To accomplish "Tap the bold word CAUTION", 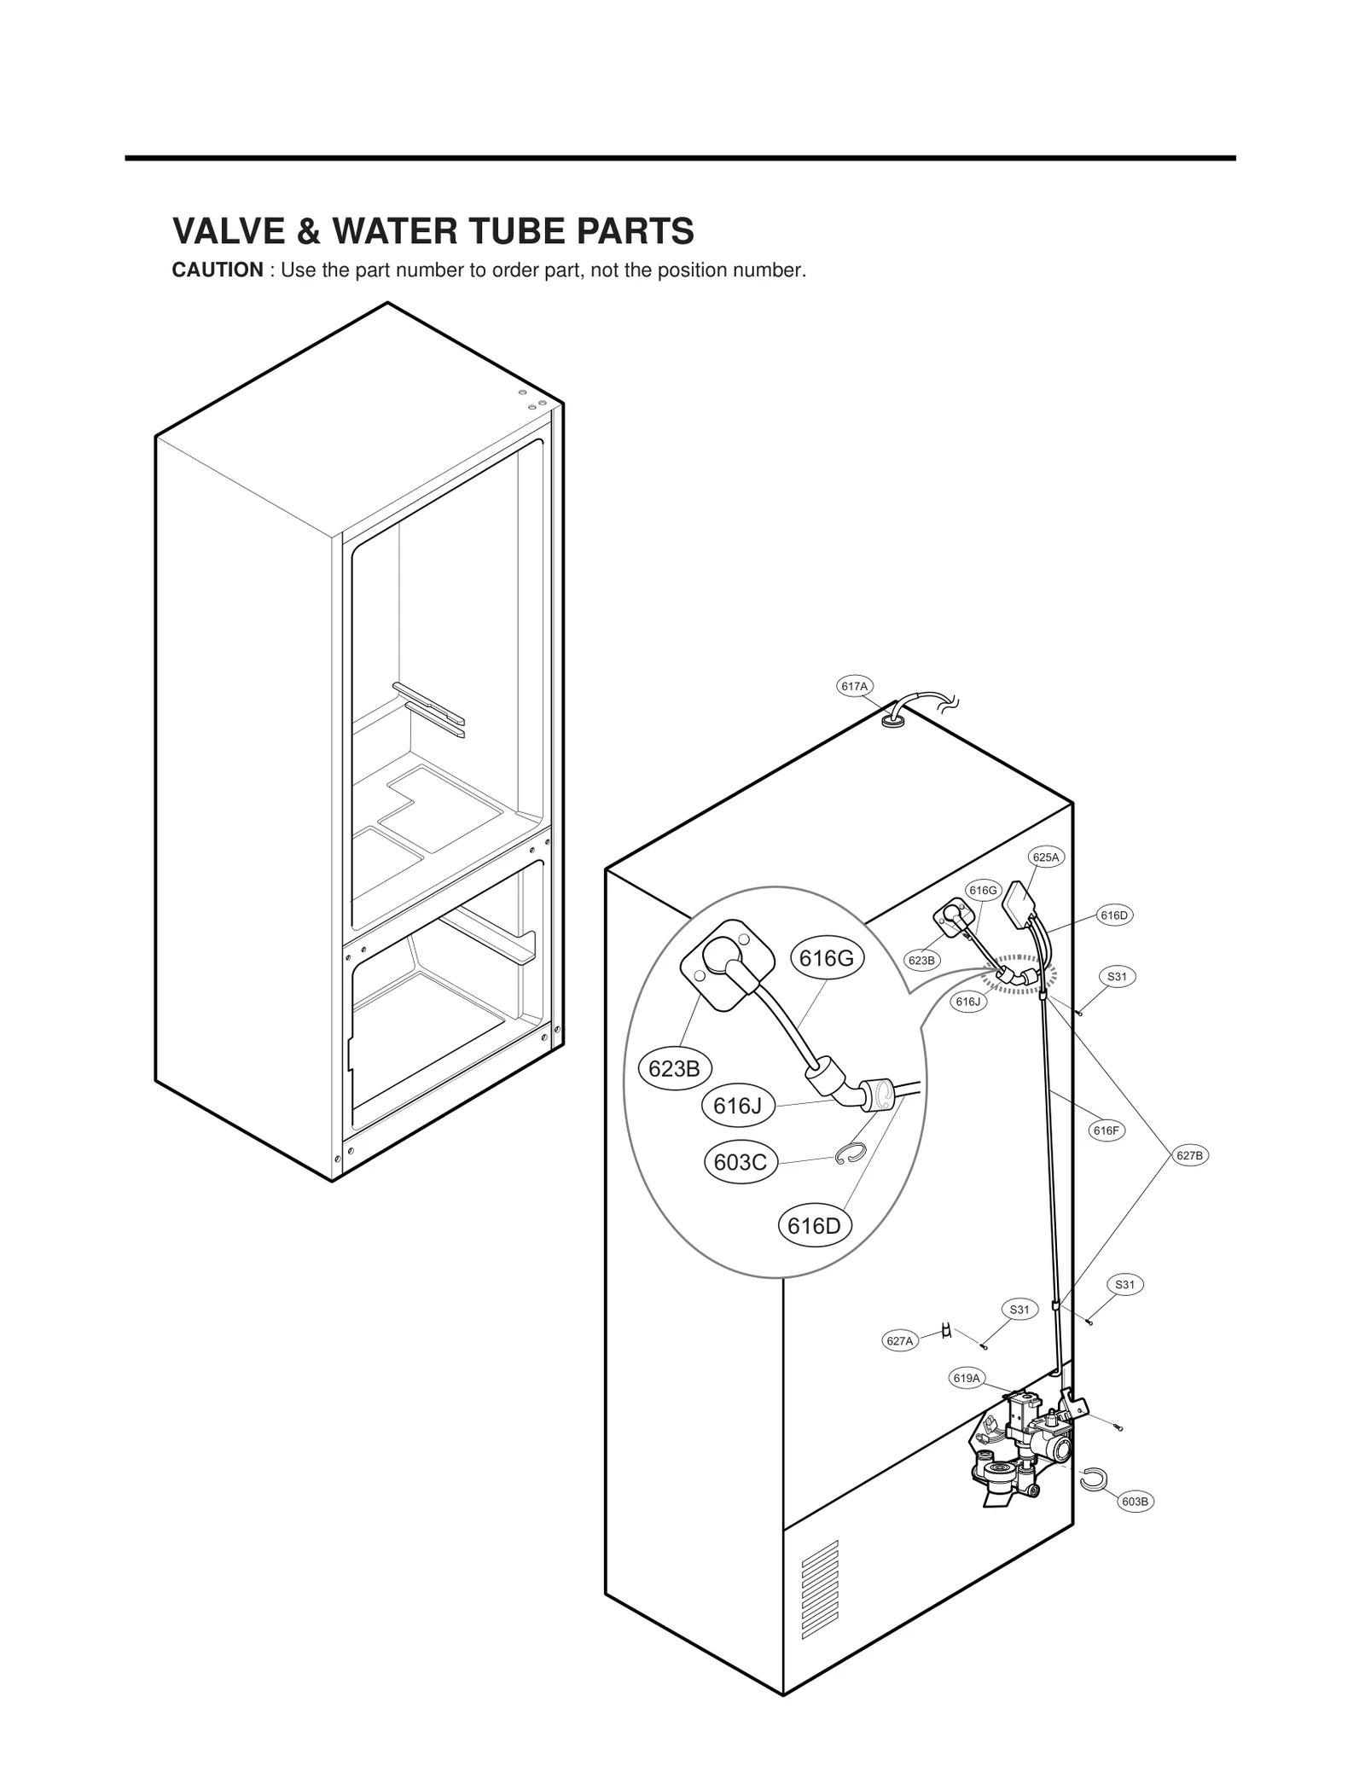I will tap(218, 270).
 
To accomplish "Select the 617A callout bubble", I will tap(853, 686).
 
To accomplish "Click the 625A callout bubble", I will tap(1046, 857).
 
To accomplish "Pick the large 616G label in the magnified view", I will tap(827, 958).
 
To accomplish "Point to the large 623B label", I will tap(674, 1068).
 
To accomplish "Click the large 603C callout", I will tap(740, 1162).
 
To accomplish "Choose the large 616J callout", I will tap(737, 1106).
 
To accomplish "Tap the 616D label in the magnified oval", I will tap(814, 1226).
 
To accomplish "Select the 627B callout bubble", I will tap(1189, 1155).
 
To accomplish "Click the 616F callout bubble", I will tap(1106, 1130).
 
